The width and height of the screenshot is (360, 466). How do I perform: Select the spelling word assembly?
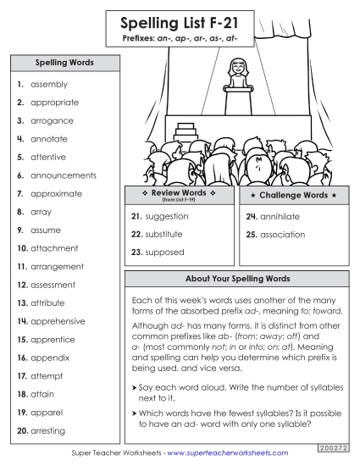(x=49, y=85)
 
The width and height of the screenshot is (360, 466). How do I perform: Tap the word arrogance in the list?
(x=53, y=121)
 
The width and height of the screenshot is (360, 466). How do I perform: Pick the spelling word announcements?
(x=64, y=175)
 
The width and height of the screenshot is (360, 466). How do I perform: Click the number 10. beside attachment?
(x=22, y=248)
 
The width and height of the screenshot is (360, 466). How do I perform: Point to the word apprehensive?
(x=58, y=322)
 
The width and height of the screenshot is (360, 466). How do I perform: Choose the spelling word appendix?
(x=51, y=358)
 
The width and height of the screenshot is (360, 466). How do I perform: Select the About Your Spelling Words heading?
(x=236, y=279)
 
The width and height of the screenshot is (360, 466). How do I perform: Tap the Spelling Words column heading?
(x=64, y=63)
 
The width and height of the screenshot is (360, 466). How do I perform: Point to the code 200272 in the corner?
(x=333, y=446)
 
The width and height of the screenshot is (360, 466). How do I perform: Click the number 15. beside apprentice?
(x=22, y=340)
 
